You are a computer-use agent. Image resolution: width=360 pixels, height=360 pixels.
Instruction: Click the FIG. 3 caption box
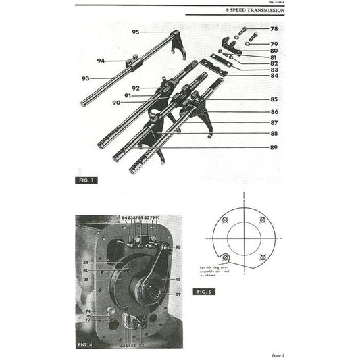pos(87,181)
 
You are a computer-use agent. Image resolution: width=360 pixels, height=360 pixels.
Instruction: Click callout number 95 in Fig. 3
pos(136,32)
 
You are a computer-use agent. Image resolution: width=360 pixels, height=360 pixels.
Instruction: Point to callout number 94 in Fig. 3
pos(101,61)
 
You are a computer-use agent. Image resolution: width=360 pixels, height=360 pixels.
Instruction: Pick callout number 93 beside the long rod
pos(86,78)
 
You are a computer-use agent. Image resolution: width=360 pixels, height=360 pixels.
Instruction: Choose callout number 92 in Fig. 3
pos(136,88)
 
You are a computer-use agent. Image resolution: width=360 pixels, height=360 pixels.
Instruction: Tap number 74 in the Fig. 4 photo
pos(88,311)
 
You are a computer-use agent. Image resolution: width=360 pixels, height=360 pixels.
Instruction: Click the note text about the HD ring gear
pos(217,271)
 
